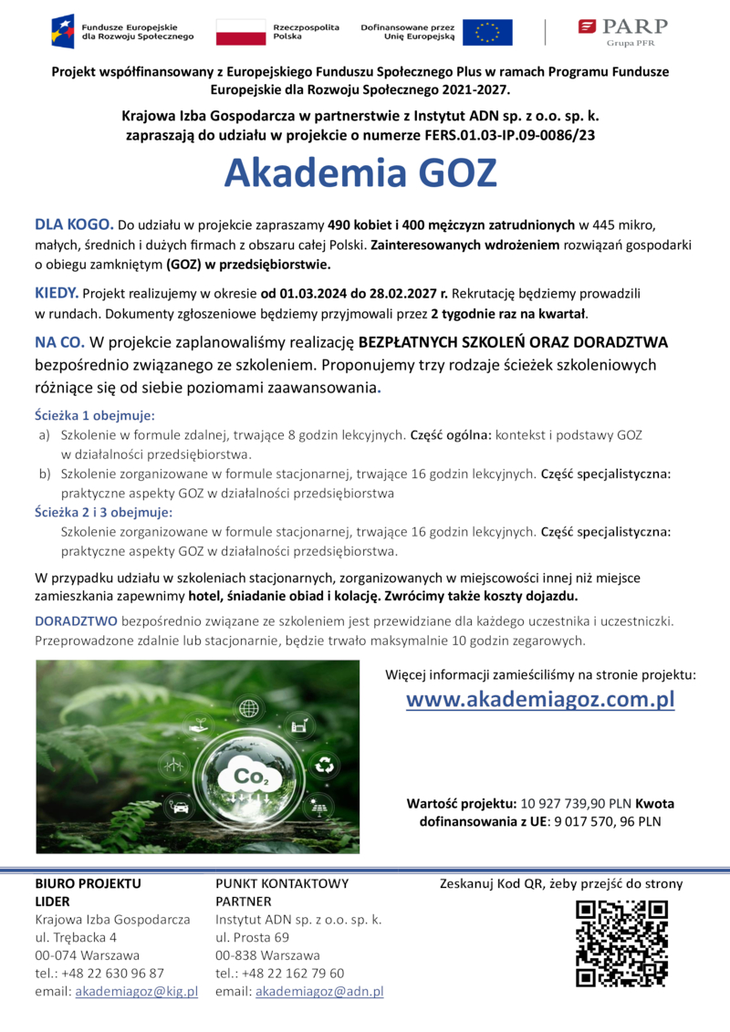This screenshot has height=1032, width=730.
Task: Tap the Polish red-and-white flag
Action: (240, 32)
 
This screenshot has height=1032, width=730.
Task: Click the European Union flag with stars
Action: (486, 32)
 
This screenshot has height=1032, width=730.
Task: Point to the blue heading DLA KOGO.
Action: (74, 224)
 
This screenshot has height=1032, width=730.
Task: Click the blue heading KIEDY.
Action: (56, 293)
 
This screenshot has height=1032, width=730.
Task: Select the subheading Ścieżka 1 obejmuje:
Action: (95, 415)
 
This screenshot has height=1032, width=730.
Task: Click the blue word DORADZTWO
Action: (75, 620)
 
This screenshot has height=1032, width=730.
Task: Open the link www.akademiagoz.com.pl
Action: (540, 700)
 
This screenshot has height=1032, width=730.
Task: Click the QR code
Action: (621, 943)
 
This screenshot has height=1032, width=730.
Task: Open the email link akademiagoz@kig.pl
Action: (136, 991)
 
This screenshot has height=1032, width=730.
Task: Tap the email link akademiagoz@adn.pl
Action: (319, 991)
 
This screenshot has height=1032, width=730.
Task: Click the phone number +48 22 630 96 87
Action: (113, 973)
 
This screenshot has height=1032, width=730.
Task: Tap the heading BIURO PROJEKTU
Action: (88, 883)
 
